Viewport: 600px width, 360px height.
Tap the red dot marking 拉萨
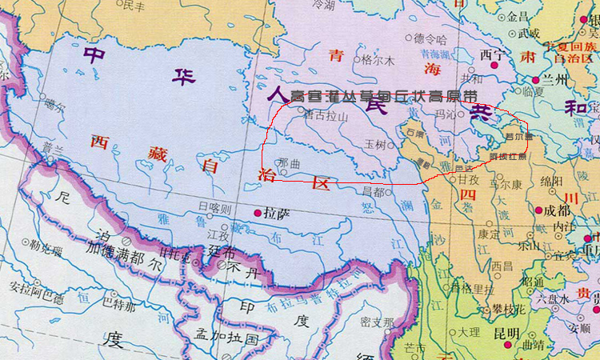pos(258,214)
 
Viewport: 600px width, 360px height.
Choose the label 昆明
pos(507,333)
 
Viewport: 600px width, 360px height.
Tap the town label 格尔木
pos(378,60)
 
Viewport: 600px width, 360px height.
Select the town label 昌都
pos(373,190)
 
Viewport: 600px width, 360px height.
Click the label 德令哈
pos(430,38)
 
